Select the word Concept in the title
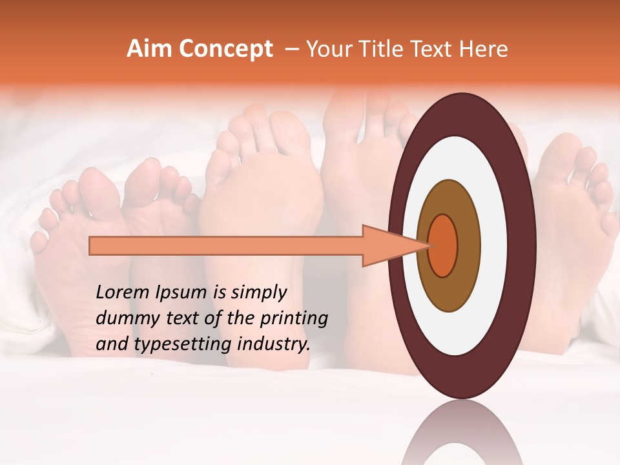[x=225, y=49]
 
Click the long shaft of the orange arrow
[x=226, y=245]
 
